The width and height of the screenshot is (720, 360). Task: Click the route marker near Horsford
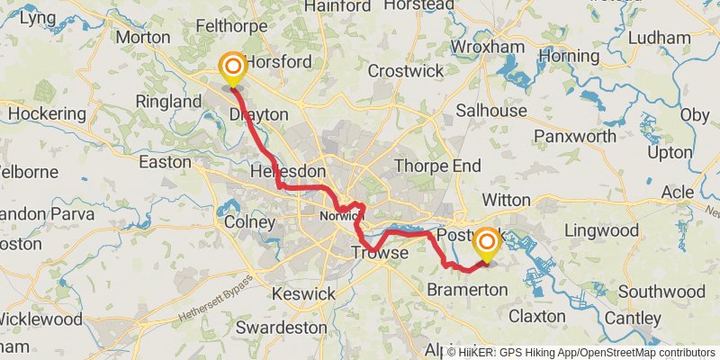click(x=232, y=67)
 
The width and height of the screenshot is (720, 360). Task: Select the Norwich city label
click(x=340, y=217)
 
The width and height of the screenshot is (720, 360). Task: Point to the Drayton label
click(x=258, y=115)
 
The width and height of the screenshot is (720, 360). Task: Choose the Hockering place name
click(x=47, y=115)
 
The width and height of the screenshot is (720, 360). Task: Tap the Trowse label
click(x=379, y=255)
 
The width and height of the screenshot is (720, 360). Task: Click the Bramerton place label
click(x=468, y=289)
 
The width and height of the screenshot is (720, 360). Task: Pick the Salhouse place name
click(x=491, y=110)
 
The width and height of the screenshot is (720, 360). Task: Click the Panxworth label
click(x=575, y=136)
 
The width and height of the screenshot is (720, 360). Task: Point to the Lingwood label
click(x=600, y=231)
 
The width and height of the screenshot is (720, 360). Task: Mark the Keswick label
click(x=304, y=293)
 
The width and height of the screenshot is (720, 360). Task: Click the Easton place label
click(x=166, y=162)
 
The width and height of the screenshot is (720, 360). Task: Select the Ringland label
click(x=168, y=103)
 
